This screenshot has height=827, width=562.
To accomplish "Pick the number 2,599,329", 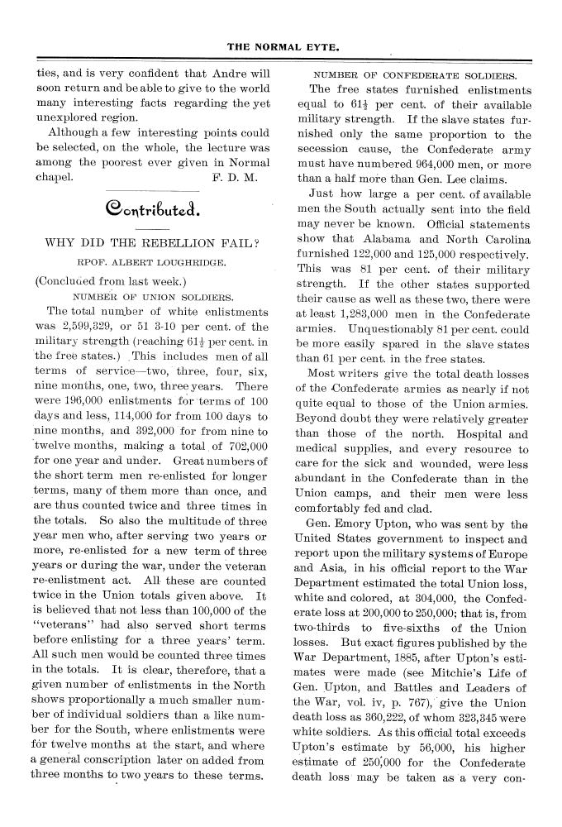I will (x=93, y=325).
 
